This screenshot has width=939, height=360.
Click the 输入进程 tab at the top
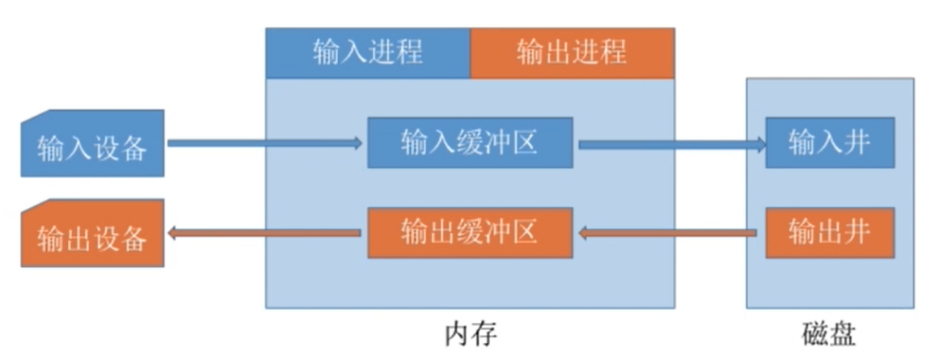368,53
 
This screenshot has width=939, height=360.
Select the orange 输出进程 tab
572,53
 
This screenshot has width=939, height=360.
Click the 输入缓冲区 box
470,143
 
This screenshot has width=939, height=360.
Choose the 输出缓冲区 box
470,233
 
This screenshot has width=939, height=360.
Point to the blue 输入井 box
829,143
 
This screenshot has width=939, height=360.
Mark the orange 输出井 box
829,233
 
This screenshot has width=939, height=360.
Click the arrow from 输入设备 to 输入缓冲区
263,143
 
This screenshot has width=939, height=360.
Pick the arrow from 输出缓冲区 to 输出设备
263,234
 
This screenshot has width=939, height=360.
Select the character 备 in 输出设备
133,239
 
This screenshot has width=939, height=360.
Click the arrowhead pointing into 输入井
759,144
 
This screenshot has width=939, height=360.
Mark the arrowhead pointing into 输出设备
172,234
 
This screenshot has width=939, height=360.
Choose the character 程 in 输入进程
408,53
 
